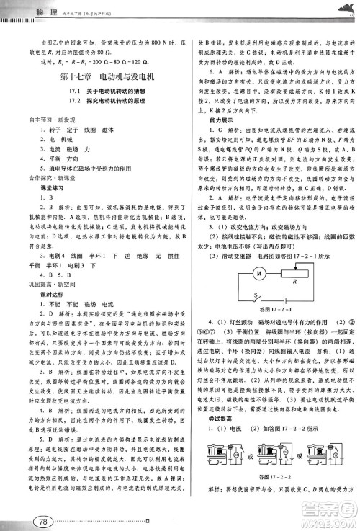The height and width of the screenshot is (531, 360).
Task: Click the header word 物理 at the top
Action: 28,8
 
